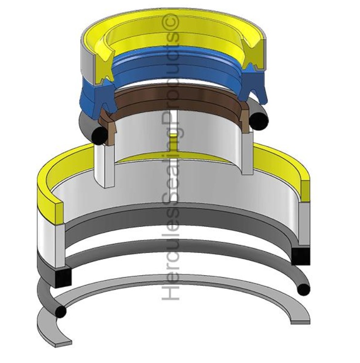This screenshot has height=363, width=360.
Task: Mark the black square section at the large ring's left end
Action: click(63, 277)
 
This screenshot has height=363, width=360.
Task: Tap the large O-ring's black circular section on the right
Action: click(304, 290)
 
